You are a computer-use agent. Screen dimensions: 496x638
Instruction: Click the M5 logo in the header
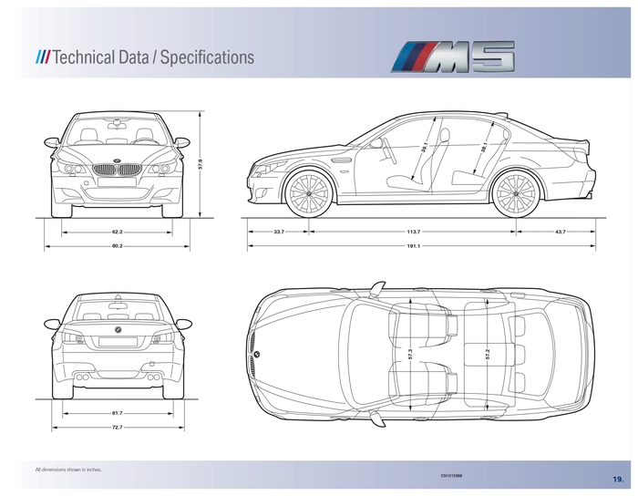pos(454,57)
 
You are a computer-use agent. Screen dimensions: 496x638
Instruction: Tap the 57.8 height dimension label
pos(201,163)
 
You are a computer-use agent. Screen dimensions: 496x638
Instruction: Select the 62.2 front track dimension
pos(118,232)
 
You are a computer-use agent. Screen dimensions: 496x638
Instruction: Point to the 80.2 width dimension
pos(118,246)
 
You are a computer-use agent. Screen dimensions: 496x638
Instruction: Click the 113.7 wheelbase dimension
pos(413,232)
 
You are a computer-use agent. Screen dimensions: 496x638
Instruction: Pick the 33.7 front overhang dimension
pos(279,232)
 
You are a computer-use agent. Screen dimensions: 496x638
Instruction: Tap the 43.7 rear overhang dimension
pos(559,232)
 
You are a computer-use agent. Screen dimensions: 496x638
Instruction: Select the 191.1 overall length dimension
pos(413,246)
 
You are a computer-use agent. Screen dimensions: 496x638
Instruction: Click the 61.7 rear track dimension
pos(118,412)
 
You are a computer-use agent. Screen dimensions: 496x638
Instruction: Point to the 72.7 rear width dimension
pos(118,427)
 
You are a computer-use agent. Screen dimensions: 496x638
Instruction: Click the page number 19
pos(618,478)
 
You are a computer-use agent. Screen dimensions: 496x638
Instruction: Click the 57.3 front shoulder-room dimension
pos(410,354)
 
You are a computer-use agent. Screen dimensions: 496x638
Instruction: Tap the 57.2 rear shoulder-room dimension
pos(488,354)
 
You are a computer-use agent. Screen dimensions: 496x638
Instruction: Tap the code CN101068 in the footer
pos(451,475)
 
